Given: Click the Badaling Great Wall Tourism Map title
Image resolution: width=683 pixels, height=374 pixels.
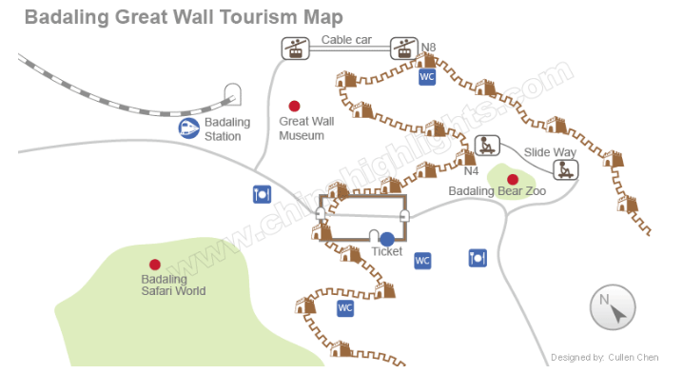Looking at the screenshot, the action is pos(184,17).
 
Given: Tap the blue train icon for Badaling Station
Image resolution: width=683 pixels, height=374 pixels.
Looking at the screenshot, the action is pos(189,128).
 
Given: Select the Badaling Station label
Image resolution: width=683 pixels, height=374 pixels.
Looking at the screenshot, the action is pos(227,129).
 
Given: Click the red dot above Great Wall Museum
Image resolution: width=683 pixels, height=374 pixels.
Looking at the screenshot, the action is pos(295,106).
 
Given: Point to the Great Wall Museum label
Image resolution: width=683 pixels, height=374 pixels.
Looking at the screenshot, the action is pos(306,128).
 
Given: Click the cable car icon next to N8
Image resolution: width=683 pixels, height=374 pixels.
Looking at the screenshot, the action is pos(404,48).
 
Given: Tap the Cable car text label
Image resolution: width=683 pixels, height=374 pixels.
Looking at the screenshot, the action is pos(346,40).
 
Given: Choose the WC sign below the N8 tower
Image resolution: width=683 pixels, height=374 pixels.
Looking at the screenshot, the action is pos(427,77).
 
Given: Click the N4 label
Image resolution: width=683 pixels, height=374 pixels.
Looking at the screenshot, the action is pos(471,171).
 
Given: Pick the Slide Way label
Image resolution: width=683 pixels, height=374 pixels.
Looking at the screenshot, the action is pos(550,152).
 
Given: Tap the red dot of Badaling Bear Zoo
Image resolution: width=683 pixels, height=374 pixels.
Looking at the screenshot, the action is pos(513,179).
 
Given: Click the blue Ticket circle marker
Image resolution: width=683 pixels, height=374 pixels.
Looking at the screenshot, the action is pos(387,239).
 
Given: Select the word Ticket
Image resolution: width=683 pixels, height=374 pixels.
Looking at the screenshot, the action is pos(387,251).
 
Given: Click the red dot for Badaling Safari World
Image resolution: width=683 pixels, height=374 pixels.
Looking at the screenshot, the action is pos(155,265).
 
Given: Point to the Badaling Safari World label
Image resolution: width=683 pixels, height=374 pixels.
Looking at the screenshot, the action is pos(173,285).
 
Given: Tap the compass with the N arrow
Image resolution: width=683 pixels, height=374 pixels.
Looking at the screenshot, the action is pos(613,307).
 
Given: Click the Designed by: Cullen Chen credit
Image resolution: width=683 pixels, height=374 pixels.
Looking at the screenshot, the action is pos(605,358).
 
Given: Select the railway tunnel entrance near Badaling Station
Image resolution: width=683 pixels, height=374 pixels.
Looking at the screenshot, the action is pos(233,94).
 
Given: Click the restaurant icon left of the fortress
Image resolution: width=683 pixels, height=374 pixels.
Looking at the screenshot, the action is pos(262,194).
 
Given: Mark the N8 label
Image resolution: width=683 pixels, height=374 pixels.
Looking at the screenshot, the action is pos(428,47).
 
